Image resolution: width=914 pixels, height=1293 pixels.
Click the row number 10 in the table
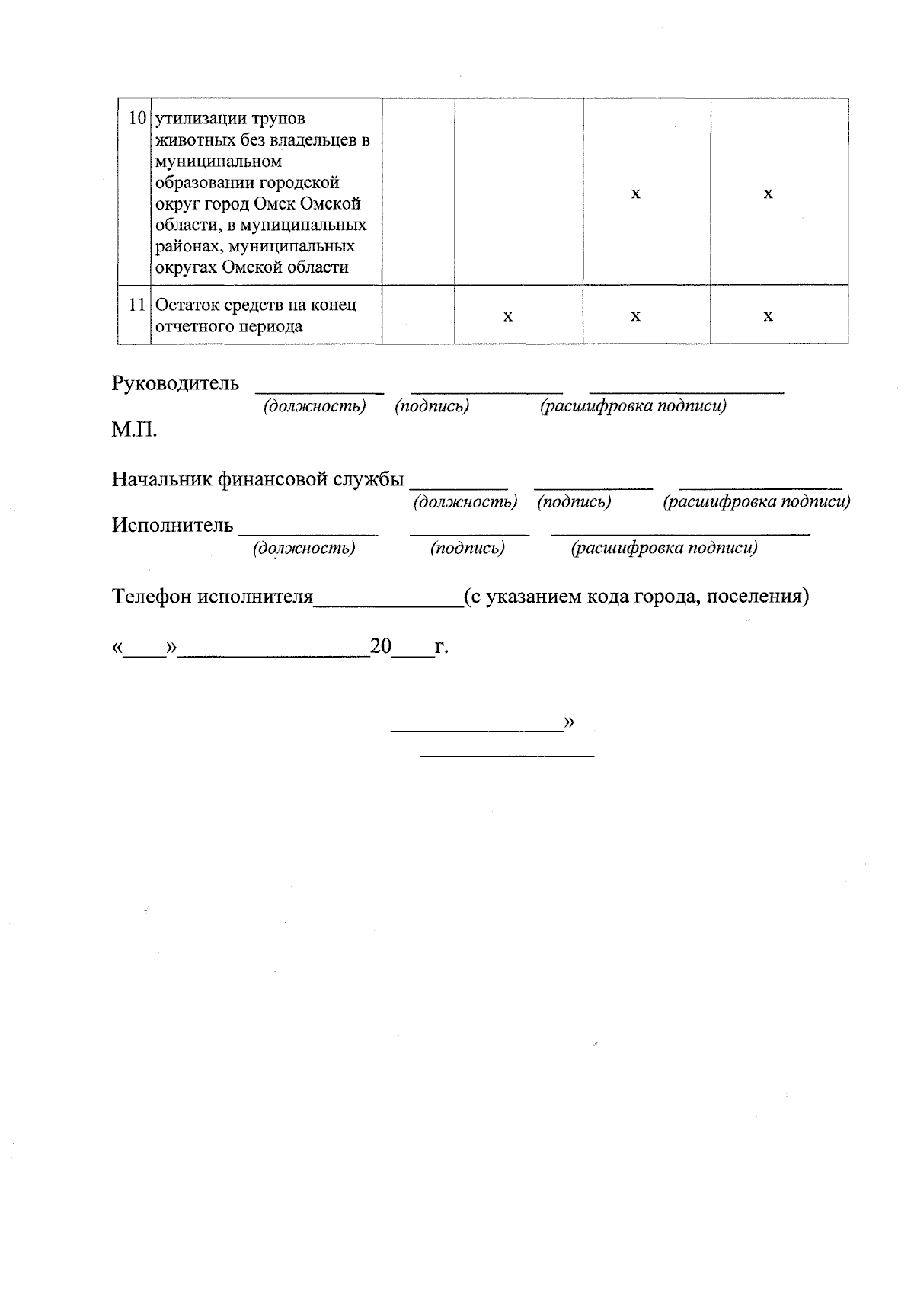(x=137, y=119)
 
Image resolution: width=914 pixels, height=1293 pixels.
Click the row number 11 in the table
(x=137, y=305)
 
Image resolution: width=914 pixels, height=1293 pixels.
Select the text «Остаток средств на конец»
(x=256, y=305)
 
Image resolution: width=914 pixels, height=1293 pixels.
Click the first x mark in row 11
(x=508, y=316)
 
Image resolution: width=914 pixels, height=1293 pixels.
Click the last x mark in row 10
(x=769, y=194)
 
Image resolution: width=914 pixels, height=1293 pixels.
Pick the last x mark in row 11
(x=769, y=316)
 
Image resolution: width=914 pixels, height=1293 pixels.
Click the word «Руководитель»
(x=175, y=383)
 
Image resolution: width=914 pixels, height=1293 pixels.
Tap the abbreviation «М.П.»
(x=135, y=430)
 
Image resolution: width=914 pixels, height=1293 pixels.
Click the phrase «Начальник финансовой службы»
(x=257, y=479)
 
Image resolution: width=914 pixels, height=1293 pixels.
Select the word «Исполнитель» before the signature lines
(x=172, y=525)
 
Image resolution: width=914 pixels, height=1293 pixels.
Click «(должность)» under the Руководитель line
(x=315, y=406)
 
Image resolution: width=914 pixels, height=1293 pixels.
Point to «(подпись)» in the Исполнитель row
(x=467, y=548)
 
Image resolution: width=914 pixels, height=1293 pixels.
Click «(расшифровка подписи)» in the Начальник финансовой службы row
(x=756, y=502)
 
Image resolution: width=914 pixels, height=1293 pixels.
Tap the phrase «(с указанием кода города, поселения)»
(x=636, y=596)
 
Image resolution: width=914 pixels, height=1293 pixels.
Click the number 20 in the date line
(x=380, y=647)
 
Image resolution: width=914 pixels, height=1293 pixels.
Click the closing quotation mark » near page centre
(x=568, y=722)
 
